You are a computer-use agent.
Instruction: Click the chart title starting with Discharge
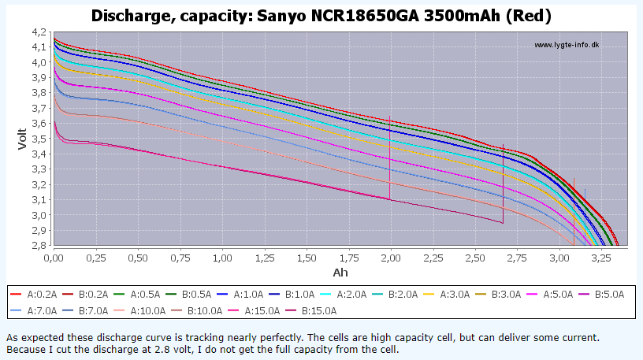[x=321, y=15]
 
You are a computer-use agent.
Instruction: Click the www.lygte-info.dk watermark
[x=567, y=45]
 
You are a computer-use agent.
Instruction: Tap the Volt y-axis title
[x=22, y=138]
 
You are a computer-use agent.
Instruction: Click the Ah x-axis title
[x=340, y=273]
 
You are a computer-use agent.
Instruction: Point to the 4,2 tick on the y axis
[x=39, y=32]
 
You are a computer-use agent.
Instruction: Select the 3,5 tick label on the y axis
[x=39, y=139]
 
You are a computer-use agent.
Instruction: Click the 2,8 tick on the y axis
[x=39, y=246]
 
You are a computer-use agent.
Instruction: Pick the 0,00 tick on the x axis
[x=54, y=258]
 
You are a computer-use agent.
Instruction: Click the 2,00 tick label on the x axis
[x=391, y=258]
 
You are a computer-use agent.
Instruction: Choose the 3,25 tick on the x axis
[x=601, y=258]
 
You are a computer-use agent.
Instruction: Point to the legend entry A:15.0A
[x=268, y=310]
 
